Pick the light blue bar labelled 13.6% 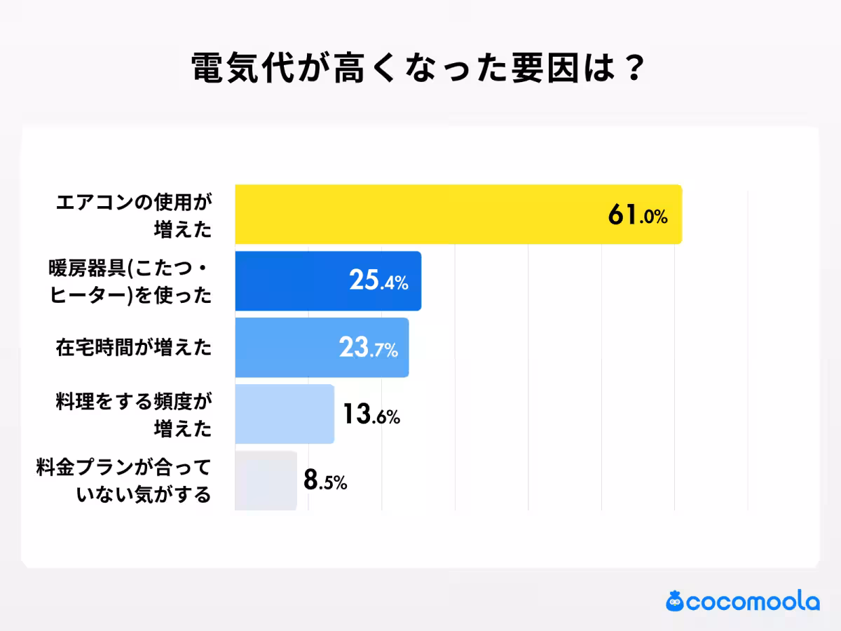point(285,414)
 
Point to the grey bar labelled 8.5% point(266,480)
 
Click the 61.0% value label point(638,215)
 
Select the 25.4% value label point(378,282)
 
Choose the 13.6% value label point(371,415)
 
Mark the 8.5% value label point(325,482)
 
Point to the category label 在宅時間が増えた point(133,347)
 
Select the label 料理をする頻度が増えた point(133,414)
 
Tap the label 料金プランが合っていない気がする point(124,481)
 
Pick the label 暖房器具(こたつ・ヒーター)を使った point(130,282)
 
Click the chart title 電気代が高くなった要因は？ point(418,68)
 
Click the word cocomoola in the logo point(753,602)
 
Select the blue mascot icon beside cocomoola point(676,601)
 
